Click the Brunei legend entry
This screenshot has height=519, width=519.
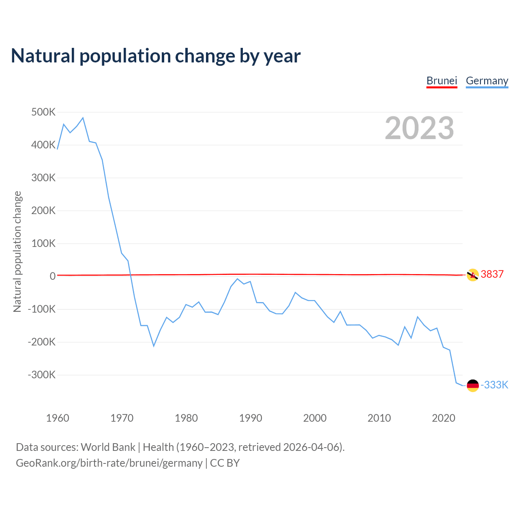coord(442,81)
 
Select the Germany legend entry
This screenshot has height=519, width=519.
coord(487,81)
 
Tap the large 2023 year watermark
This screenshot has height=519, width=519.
coord(419,128)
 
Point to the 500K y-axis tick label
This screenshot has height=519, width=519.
coord(43,112)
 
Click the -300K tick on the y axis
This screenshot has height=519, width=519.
coord(41,375)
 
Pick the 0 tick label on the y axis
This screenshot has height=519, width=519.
coord(52,276)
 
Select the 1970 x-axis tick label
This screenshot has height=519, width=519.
coord(122,418)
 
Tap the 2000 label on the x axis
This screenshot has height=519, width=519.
coord(315,418)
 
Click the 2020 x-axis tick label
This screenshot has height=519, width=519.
coord(443,418)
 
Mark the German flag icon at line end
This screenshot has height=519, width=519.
coord(473,385)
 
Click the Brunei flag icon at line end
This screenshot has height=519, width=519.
coord(473,275)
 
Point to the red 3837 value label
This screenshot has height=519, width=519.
coord(492,275)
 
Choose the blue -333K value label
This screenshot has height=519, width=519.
coord(494,385)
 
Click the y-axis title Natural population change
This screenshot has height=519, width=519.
coord(17,252)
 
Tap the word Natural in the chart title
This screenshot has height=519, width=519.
coord(43,56)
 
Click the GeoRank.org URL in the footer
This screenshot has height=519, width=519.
coord(109,463)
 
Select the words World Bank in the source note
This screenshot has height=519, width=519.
coord(108,447)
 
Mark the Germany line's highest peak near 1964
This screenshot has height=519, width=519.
coord(83,118)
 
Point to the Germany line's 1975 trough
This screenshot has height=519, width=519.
coord(154,346)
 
